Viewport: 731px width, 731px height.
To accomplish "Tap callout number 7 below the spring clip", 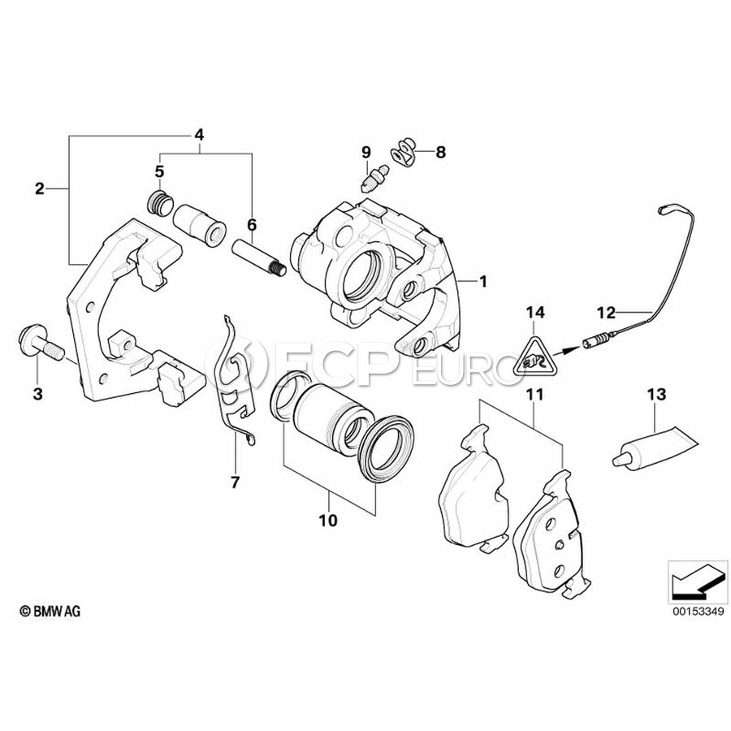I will [x=235, y=482].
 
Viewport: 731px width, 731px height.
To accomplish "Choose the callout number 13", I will [x=655, y=395].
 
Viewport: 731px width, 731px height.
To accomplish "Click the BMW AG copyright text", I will [x=50, y=611].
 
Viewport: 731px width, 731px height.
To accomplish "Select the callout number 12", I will [x=607, y=310].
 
